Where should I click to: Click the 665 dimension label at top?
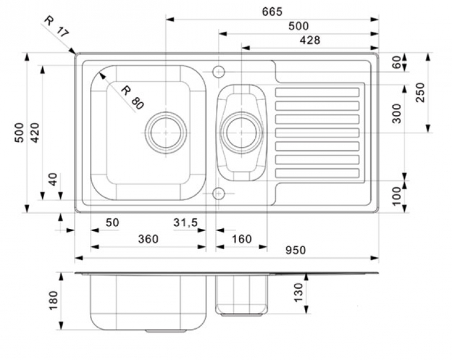tap(272, 11)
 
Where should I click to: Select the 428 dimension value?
tap(310, 40)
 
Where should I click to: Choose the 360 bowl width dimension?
tap(148, 239)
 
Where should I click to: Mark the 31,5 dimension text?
tap(185, 223)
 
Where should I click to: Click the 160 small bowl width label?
tap(241, 239)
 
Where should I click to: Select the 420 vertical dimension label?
tap(35, 132)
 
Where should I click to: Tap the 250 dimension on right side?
tap(420, 92)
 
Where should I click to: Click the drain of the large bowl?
tap(166, 132)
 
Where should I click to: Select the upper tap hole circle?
tap(218, 72)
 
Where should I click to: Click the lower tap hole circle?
tap(218, 194)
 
